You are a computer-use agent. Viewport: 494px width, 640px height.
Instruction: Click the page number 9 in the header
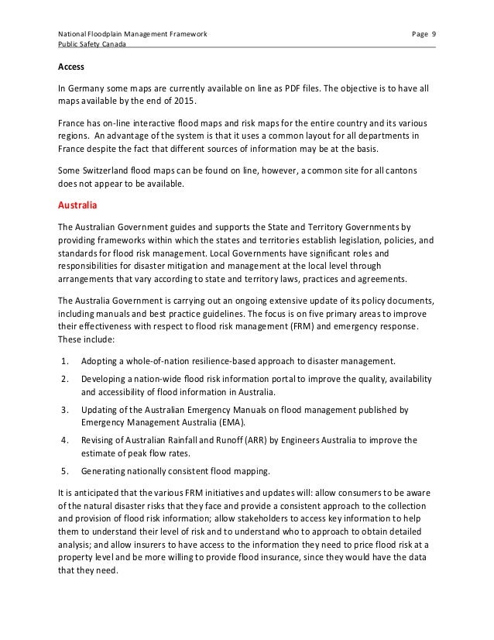pyautogui.click(x=433, y=35)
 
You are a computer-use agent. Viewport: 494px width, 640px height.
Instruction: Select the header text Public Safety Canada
pyautogui.click(x=92, y=45)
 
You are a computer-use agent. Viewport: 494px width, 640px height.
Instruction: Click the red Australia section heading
pyautogui.click(x=80, y=205)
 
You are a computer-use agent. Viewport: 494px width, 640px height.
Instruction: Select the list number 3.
pyautogui.click(x=63, y=408)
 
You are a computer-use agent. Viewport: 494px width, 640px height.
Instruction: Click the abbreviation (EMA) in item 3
pyautogui.click(x=227, y=422)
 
